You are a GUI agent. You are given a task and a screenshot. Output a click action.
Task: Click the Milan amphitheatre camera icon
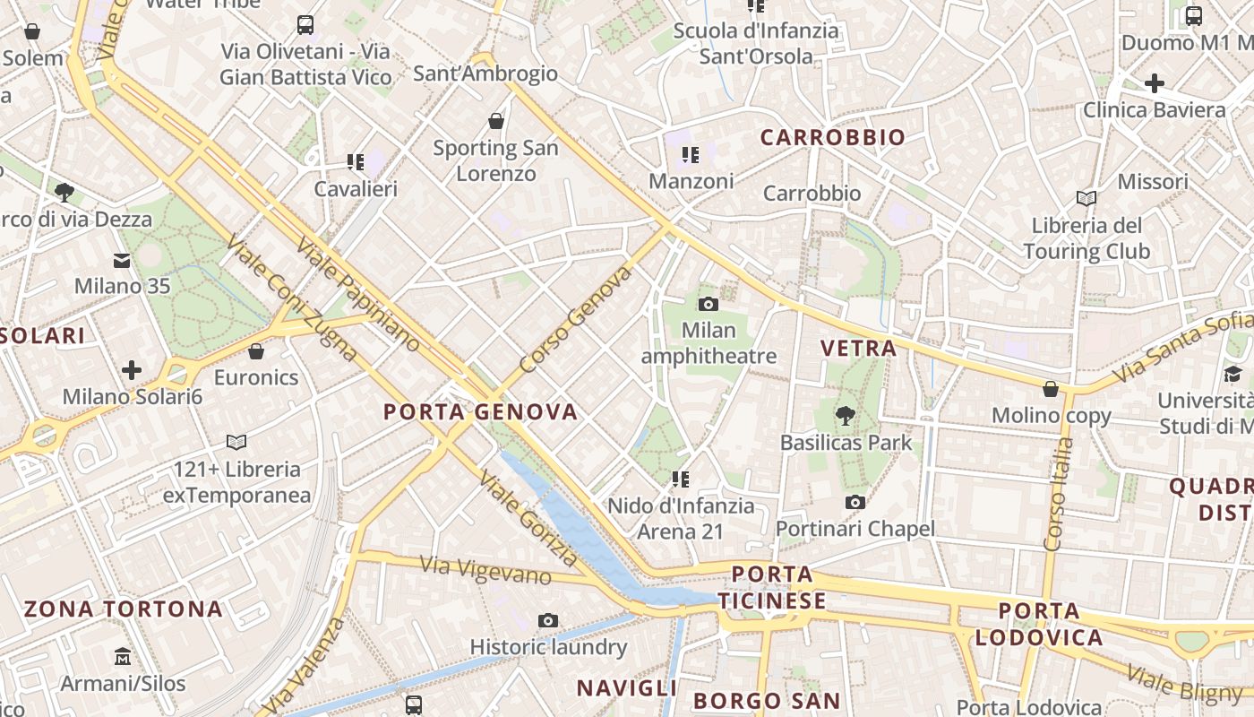(x=709, y=305)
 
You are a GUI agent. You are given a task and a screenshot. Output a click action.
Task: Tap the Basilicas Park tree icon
(x=844, y=416)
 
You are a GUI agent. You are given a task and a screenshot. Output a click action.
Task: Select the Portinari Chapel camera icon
(x=855, y=503)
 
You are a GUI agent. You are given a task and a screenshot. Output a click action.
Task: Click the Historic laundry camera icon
(x=548, y=620)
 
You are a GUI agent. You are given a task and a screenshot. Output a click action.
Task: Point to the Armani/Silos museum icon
(x=123, y=657)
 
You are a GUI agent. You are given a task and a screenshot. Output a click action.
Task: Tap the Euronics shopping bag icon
(x=256, y=351)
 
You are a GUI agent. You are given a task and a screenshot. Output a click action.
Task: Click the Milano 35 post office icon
(x=122, y=261)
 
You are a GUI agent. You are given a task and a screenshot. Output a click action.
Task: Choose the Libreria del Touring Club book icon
(x=1087, y=198)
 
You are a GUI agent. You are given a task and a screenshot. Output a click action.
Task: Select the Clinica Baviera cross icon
(x=1155, y=84)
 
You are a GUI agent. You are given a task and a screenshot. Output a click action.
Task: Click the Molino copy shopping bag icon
(x=1051, y=389)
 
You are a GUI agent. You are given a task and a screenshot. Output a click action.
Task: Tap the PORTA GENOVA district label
(x=480, y=412)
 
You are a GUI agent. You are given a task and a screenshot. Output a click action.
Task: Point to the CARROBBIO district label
(x=833, y=138)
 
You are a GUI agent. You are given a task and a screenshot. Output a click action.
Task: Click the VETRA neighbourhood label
(x=859, y=349)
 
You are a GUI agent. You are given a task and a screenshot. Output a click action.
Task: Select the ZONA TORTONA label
(x=123, y=609)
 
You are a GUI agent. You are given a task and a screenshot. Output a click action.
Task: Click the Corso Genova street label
(x=575, y=321)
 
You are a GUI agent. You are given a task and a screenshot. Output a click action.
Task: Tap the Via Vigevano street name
(x=485, y=570)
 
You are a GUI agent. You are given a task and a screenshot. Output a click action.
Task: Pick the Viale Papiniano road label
(x=357, y=294)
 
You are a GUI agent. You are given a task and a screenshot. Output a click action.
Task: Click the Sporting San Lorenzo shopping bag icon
(x=496, y=121)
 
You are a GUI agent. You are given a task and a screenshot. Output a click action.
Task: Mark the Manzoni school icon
(x=690, y=155)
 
